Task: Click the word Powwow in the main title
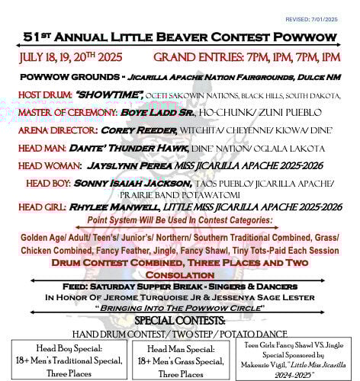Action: pos(303,37)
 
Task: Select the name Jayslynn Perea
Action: pos(133,166)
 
